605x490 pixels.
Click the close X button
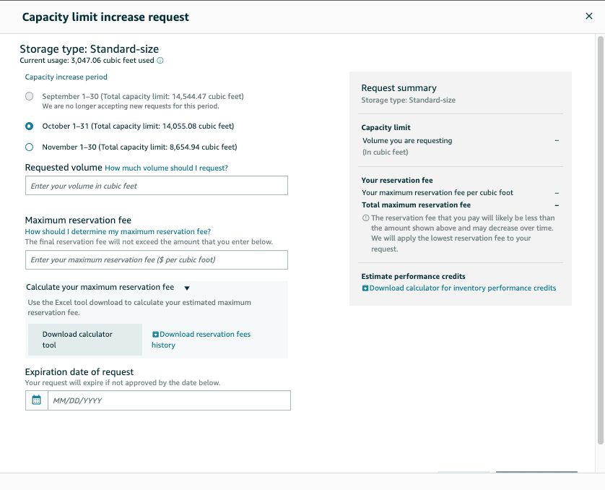pyautogui.click(x=588, y=16)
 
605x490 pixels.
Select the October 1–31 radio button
pyautogui.click(x=29, y=126)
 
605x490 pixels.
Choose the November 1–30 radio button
pyautogui.click(x=29, y=147)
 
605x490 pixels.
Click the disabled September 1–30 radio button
pyautogui.click(x=29, y=96)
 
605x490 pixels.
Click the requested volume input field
pyautogui.click(x=156, y=186)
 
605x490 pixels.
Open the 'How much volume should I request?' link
pyautogui.click(x=166, y=168)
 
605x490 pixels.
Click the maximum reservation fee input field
pyautogui.click(x=156, y=259)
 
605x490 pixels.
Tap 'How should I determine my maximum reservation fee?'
pyautogui.click(x=118, y=231)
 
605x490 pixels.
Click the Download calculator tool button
pyautogui.click(x=84, y=340)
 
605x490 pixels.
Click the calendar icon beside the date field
pyautogui.click(x=37, y=400)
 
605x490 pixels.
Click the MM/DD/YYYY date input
pyautogui.click(x=168, y=400)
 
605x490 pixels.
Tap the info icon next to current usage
pyautogui.click(x=160, y=61)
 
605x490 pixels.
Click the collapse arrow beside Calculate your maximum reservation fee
pyautogui.click(x=186, y=288)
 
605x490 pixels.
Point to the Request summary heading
pyautogui.click(x=399, y=88)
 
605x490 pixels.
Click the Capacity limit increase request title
pyautogui.click(x=105, y=17)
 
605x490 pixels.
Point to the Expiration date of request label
pyautogui.click(x=79, y=372)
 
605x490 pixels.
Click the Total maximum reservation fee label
pyautogui.click(x=416, y=205)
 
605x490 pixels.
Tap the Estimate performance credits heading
pyautogui.click(x=413, y=276)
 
